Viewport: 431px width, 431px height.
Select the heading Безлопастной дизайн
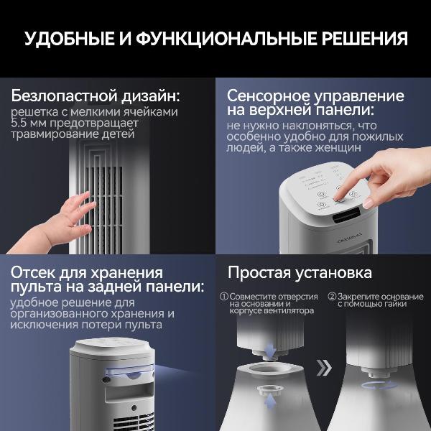tap(96, 96)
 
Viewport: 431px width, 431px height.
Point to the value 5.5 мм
tap(29, 123)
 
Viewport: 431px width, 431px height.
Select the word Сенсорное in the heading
tap(271, 96)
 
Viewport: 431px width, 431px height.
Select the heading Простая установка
tap(300, 273)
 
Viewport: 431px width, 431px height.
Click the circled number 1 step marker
tap(224, 296)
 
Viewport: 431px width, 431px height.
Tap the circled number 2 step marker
tap(332, 296)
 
